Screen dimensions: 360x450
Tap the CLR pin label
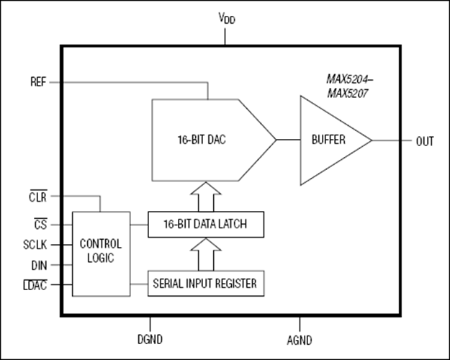(37, 195)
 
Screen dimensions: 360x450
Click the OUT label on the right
(425, 140)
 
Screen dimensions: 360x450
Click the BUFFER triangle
(328, 140)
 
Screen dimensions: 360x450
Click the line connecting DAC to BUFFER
(288, 140)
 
